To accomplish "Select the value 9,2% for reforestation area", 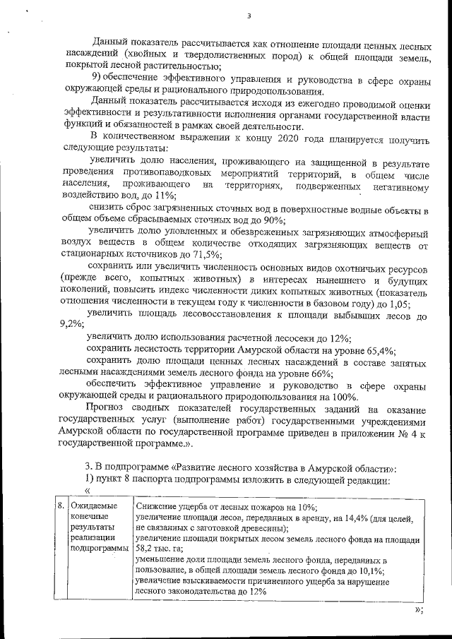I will [x=71, y=326].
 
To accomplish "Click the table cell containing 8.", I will [x=61, y=506].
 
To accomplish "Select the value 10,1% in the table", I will [x=369, y=571].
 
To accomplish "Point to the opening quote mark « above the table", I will [x=88, y=491].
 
